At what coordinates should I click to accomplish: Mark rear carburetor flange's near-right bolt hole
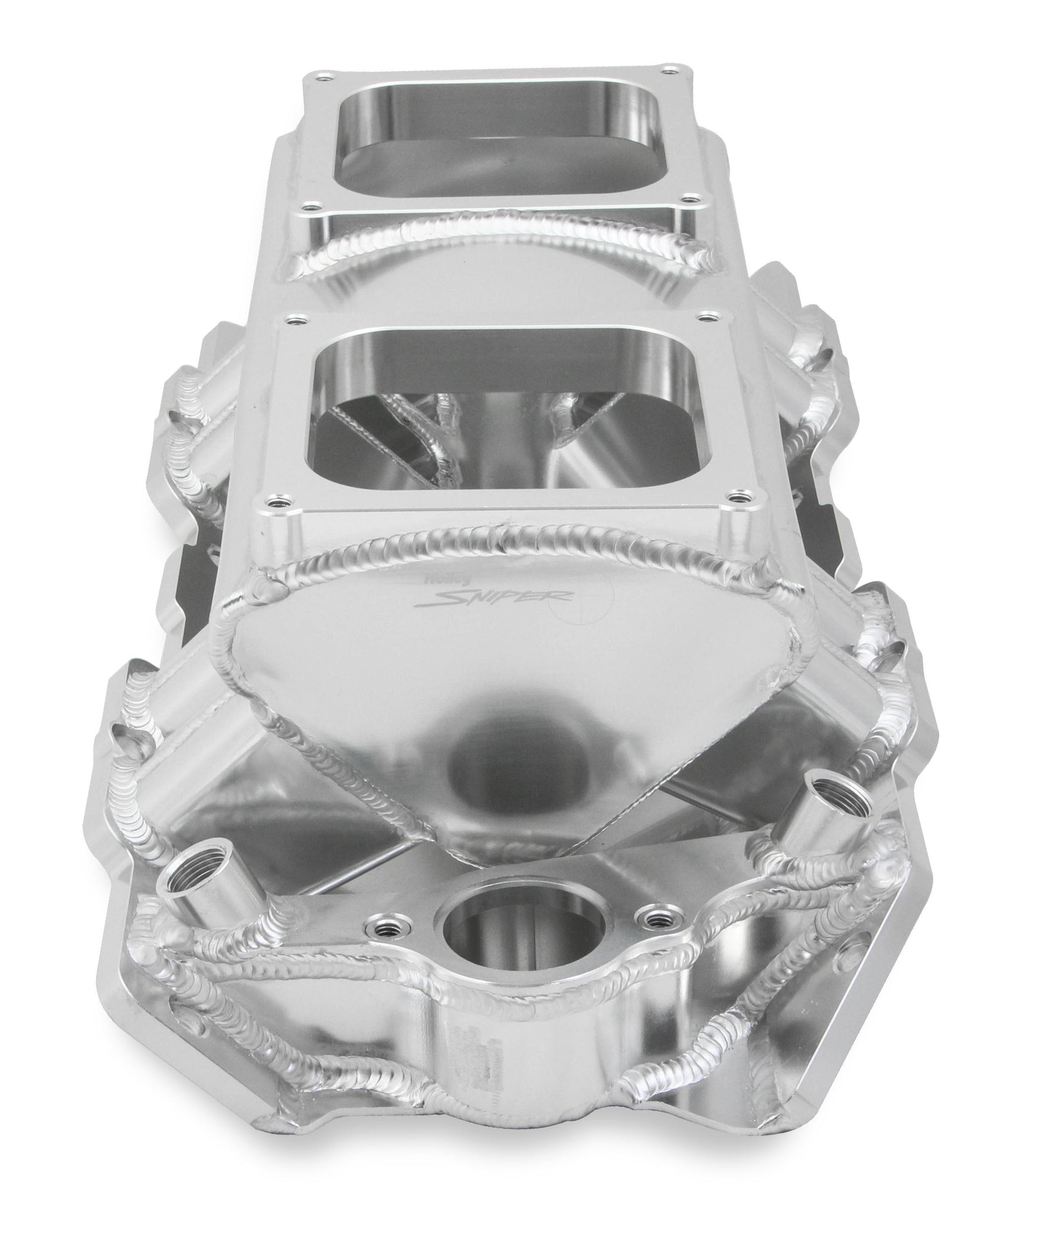[x=689, y=200]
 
